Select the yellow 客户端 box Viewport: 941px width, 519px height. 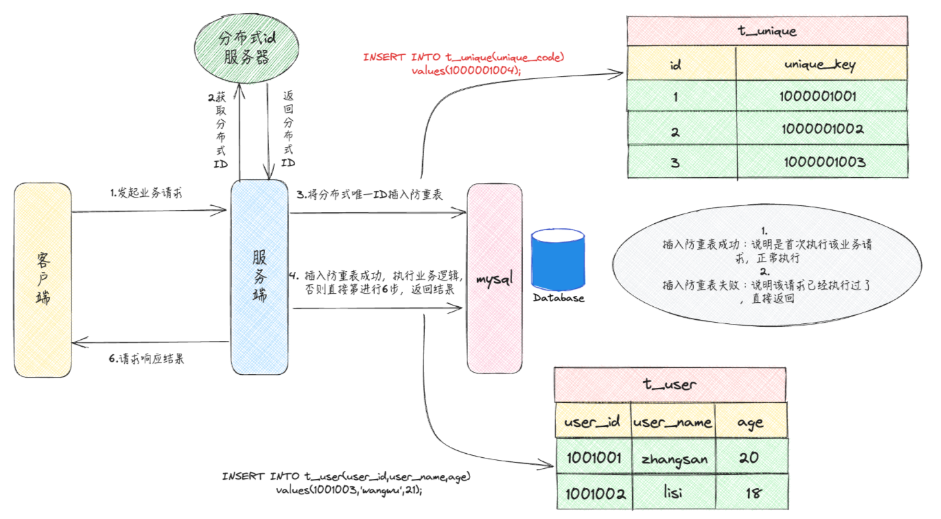coord(43,279)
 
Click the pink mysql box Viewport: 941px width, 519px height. coord(494,279)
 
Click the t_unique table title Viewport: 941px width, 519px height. coord(767,31)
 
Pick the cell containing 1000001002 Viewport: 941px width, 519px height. coord(821,129)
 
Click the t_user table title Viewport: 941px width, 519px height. coord(670,384)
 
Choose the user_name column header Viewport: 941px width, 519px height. coord(672,422)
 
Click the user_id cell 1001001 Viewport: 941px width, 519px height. coord(594,458)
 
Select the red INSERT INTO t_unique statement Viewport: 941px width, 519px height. coord(464,63)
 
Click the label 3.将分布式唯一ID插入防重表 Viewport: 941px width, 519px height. coord(370,195)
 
